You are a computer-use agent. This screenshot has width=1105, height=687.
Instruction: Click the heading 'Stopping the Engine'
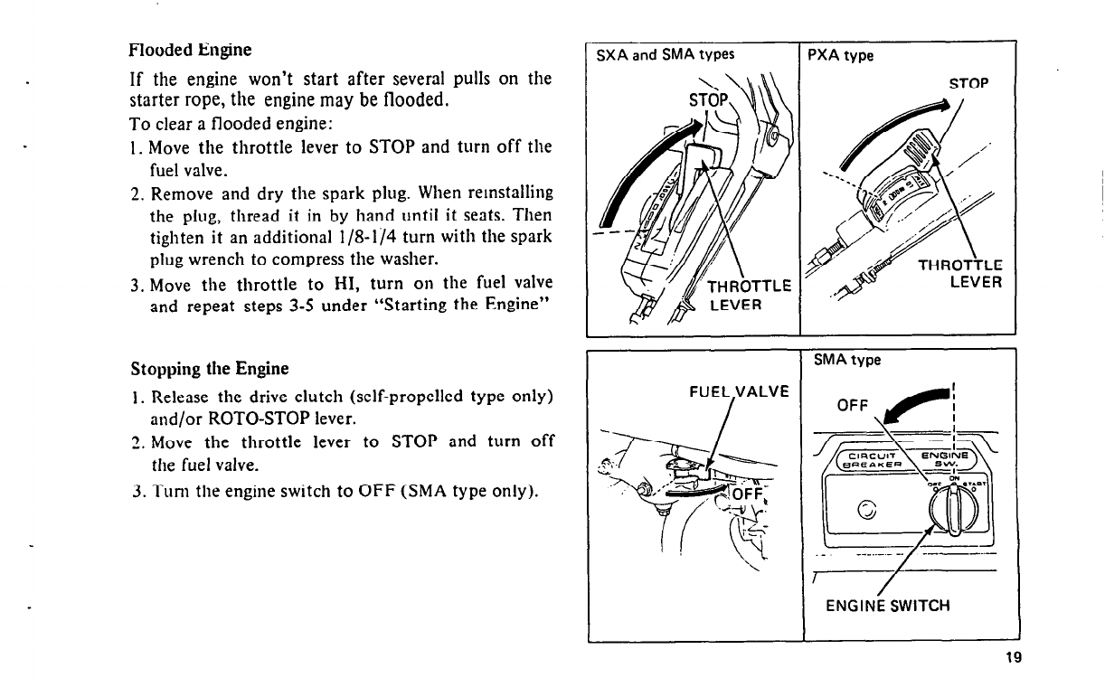209,369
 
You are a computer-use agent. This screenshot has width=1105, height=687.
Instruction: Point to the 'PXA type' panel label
840,55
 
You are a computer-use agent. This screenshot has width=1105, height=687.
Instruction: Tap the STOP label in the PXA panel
968,85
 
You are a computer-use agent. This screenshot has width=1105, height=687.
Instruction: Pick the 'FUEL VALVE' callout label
739,391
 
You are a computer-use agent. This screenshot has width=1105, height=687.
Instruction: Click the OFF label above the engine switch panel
854,404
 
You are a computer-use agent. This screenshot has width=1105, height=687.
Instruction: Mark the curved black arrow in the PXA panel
893,132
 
